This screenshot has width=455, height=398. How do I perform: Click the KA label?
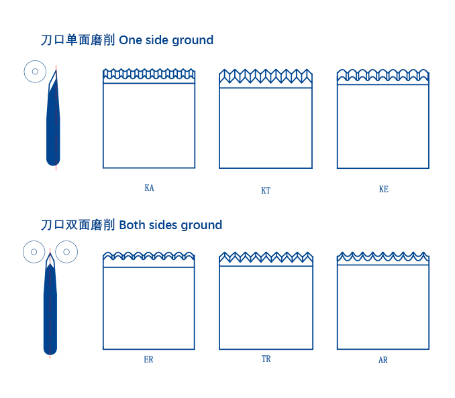[x=149, y=188]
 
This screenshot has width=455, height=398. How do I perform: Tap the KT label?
[x=266, y=190]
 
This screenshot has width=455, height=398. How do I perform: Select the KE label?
[x=383, y=189]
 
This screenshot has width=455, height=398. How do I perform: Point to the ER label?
[x=148, y=360]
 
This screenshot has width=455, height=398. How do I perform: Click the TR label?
[x=266, y=359]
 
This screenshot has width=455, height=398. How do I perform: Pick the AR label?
[x=383, y=360]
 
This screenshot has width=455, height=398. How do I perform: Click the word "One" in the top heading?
[x=131, y=40]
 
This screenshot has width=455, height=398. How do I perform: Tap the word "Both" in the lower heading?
[x=132, y=225]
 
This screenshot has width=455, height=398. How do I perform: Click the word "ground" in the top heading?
[x=193, y=41]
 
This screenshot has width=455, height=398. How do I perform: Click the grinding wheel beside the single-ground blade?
[x=35, y=72]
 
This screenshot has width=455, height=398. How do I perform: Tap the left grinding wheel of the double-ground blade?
[x=34, y=252]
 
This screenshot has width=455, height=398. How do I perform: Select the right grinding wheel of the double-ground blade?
[x=66, y=252]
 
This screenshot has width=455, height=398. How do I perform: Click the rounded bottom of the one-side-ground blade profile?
[x=53, y=161]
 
